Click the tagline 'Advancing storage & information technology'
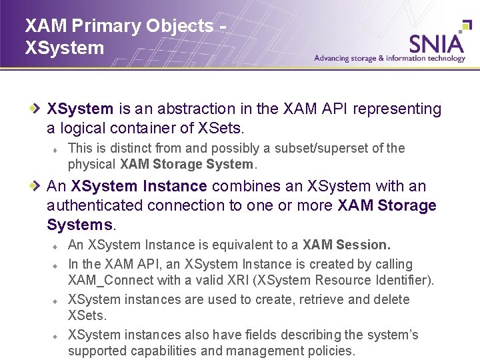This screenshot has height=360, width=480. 389,59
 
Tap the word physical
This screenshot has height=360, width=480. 92,164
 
